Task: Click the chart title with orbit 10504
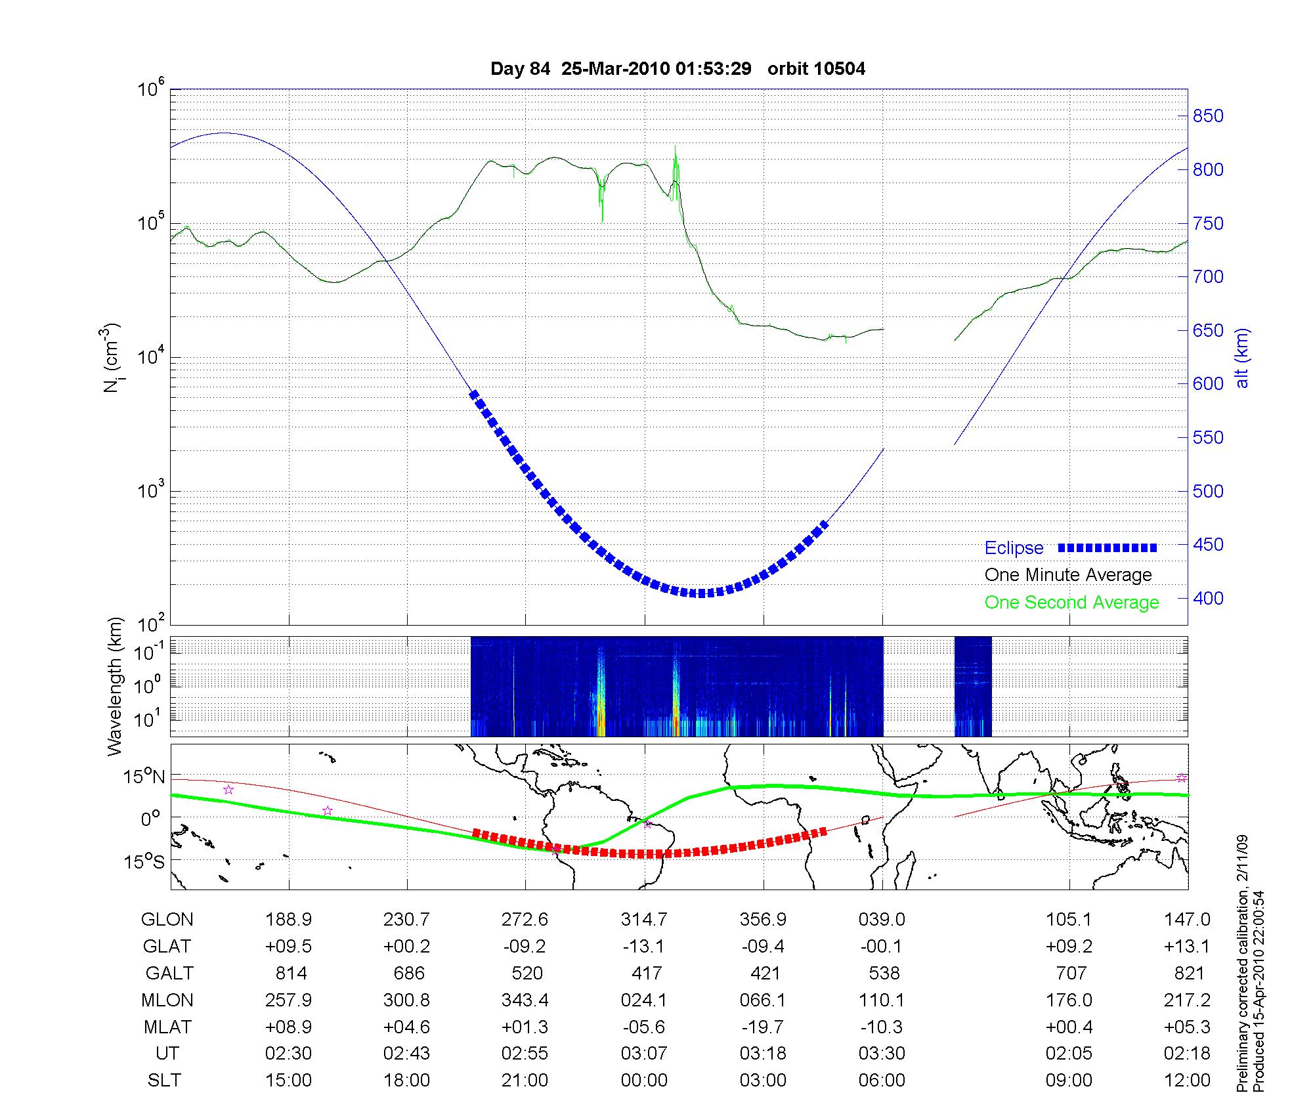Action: coord(678,69)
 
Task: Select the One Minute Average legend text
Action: coord(1068,575)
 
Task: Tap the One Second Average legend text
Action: coord(1071,603)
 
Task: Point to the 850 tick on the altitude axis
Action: coord(1208,116)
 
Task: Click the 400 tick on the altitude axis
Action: coord(1208,598)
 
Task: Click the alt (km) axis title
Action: coord(1243,358)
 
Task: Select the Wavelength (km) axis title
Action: coord(116,686)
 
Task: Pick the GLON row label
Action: coord(167,920)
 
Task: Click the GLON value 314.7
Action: coord(644,920)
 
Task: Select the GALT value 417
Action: coord(646,973)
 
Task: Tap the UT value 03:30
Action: coord(882,1054)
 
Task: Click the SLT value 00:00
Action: coord(644,1081)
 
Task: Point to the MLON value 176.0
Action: coord(1069,1000)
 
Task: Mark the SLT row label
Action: coord(164,1081)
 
